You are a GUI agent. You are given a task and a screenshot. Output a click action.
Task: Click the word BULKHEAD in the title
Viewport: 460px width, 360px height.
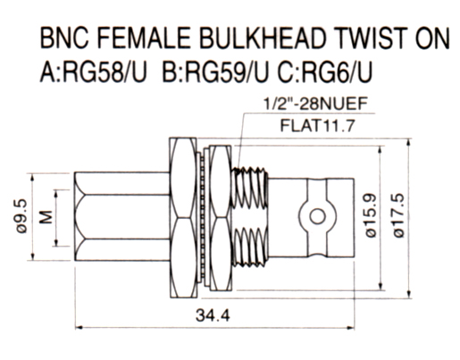point(263,38)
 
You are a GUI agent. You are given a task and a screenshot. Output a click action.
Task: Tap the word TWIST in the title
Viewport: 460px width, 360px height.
point(371,38)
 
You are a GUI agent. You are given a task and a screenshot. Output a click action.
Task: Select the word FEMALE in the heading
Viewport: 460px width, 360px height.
point(144,38)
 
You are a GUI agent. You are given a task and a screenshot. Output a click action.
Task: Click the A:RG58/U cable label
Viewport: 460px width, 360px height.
point(94,72)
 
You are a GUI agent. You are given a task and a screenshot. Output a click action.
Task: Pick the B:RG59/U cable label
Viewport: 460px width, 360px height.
point(215,72)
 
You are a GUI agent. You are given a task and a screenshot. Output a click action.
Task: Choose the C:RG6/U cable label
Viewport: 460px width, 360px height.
point(325,72)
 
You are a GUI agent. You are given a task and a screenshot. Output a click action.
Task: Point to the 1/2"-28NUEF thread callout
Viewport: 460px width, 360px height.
point(315,105)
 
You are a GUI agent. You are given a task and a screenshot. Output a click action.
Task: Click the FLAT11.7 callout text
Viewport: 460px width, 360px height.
point(318,126)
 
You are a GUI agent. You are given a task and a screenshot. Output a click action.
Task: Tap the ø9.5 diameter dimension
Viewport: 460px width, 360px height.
point(21,216)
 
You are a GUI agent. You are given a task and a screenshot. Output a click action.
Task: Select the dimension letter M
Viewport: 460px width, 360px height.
point(46,217)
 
